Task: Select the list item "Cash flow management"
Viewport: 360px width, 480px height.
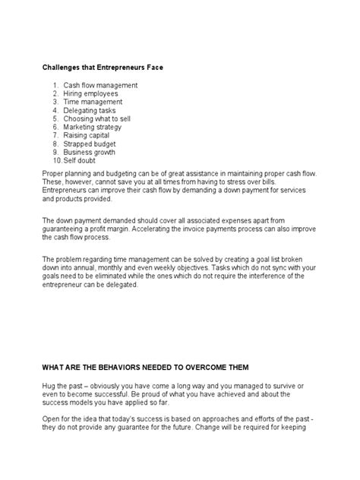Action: (x=100, y=85)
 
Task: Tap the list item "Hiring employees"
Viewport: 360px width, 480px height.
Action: (x=90, y=93)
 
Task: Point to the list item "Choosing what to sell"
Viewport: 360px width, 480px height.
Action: (x=98, y=118)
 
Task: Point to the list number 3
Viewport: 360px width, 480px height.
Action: (x=55, y=102)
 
